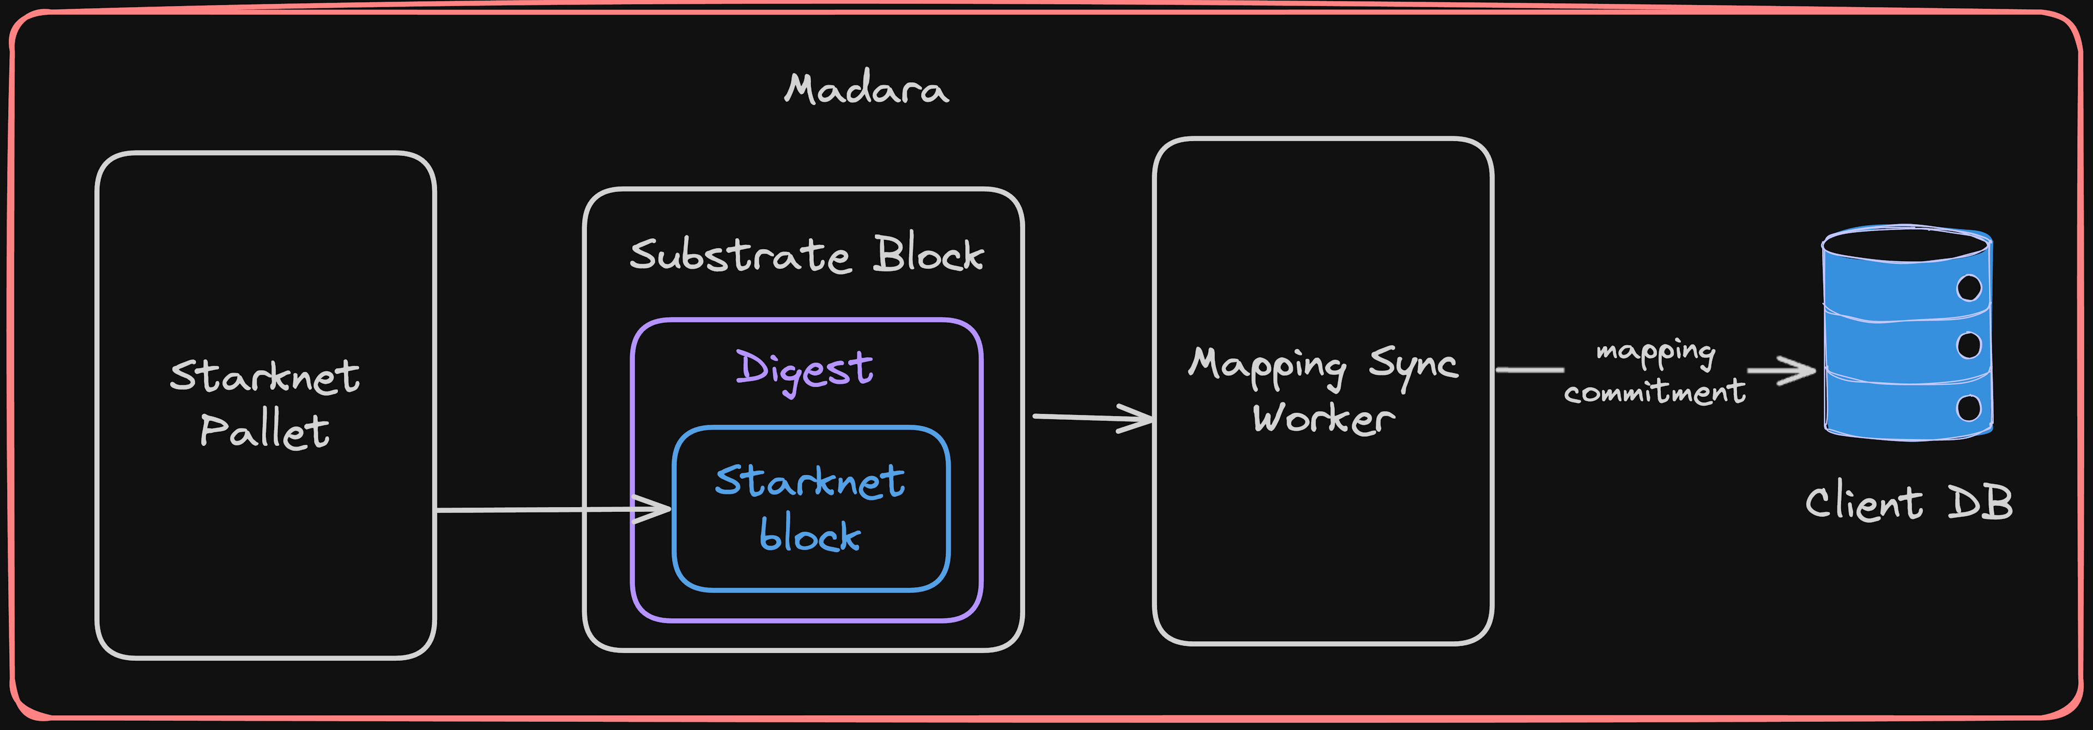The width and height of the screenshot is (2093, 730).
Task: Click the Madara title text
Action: point(866,88)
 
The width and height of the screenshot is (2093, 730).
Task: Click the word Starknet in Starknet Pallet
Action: point(265,376)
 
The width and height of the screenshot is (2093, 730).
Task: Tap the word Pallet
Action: point(265,430)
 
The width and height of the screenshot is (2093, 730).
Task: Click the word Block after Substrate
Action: point(929,254)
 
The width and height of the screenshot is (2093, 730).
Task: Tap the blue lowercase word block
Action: point(810,534)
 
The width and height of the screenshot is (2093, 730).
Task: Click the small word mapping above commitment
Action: point(1656,351)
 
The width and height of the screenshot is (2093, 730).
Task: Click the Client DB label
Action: point(1909,502)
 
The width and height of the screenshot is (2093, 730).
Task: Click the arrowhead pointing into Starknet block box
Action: point(655,509)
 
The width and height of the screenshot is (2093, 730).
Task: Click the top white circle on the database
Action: point(1969,288)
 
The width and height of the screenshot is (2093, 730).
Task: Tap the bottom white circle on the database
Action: point(1969,407)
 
